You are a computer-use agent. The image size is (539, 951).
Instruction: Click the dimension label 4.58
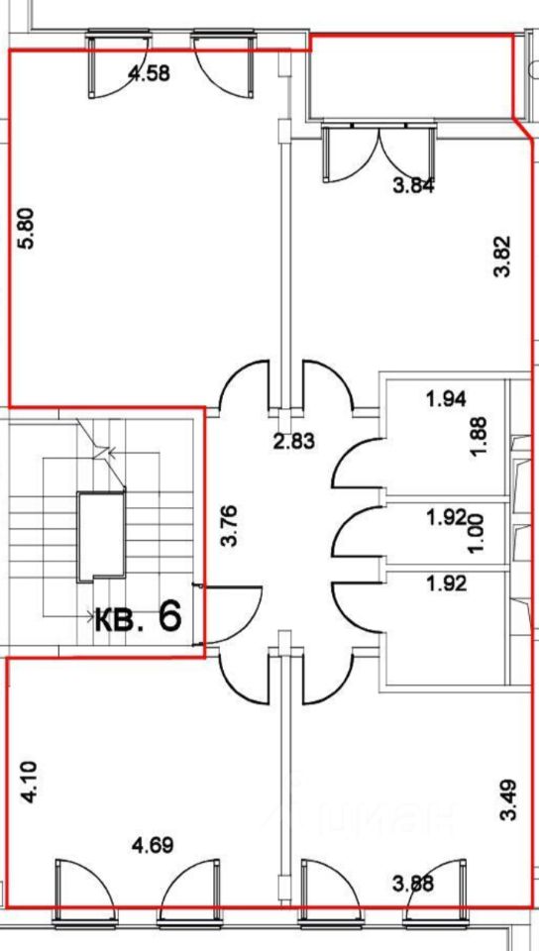click(150, 73)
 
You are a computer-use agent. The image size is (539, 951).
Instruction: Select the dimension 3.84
click(413, 186)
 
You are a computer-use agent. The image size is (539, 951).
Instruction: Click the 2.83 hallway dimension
click(293, 441)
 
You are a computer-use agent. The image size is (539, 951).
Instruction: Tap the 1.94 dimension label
click(446, 399)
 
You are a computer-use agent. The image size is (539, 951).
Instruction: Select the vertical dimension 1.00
click(478, 533)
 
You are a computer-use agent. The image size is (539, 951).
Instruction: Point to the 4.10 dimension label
click(29, 783)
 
